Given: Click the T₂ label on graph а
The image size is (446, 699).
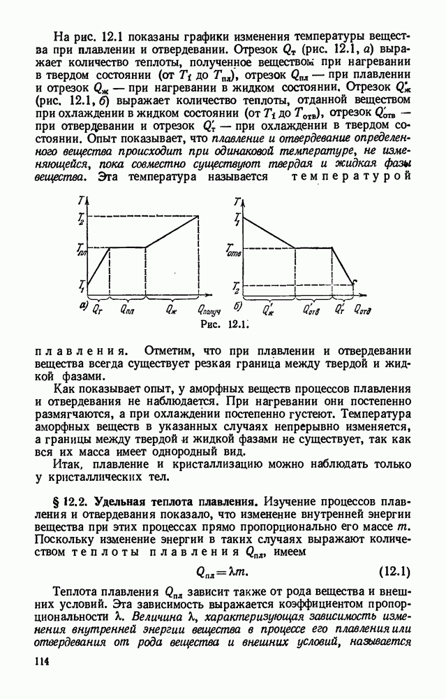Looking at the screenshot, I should pyautogui.click(x=81, y=218).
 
